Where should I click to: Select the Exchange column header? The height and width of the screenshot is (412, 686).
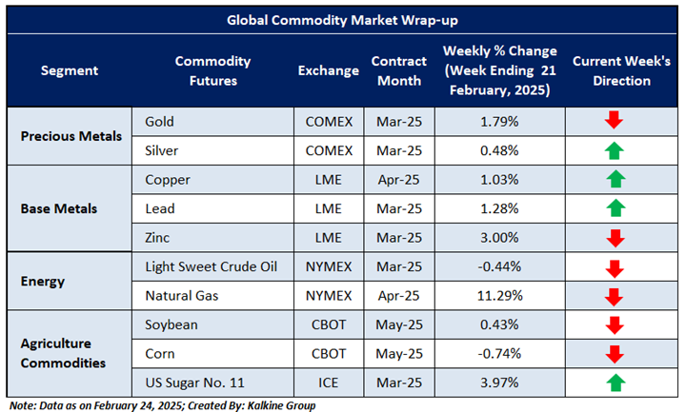[x=328, y=71]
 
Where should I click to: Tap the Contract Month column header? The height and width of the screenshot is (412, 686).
[x=396, y=71]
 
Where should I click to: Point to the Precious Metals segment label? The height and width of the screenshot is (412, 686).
[x=71, y=135]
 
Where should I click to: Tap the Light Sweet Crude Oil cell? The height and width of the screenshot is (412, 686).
[x=211, y=266]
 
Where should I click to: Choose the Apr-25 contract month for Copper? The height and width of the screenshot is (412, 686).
[x=396, y=179]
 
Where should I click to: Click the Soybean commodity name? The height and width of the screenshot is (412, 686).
[x=171, y=325]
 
